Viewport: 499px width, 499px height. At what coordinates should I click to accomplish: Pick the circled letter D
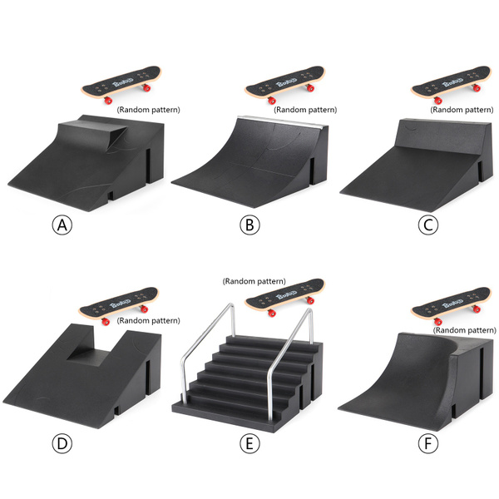pos(61,442)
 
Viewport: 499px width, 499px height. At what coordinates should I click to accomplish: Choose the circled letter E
pos(247,442)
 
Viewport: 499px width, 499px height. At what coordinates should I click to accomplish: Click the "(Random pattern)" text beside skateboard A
pos(149,109)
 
